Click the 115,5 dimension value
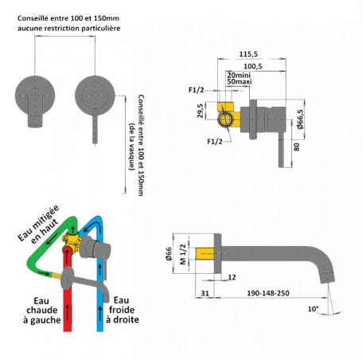(248, 54)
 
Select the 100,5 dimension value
(253, 66)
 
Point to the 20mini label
(239, 75)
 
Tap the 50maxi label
(239, 81)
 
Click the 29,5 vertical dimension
(200, 111)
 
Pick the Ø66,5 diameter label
(300, 119)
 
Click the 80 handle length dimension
(297, 147)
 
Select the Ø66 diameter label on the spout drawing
(169, 253)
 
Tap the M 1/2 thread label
(183, 254)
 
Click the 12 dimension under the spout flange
(232, 277)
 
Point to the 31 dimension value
(204, 293)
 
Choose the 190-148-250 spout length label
(268, 293)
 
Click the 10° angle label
(313, 309)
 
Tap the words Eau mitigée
(38, 222)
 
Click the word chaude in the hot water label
(42, 310)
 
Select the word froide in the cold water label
(122, 310)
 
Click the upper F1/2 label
(197, 90)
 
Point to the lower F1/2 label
(215, 142)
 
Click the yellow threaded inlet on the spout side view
(204, 253)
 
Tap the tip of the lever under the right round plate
(95, 143)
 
